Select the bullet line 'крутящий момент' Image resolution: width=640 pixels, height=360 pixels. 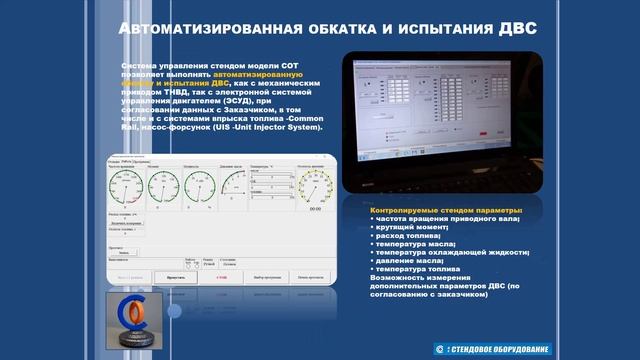click(410, 227)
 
